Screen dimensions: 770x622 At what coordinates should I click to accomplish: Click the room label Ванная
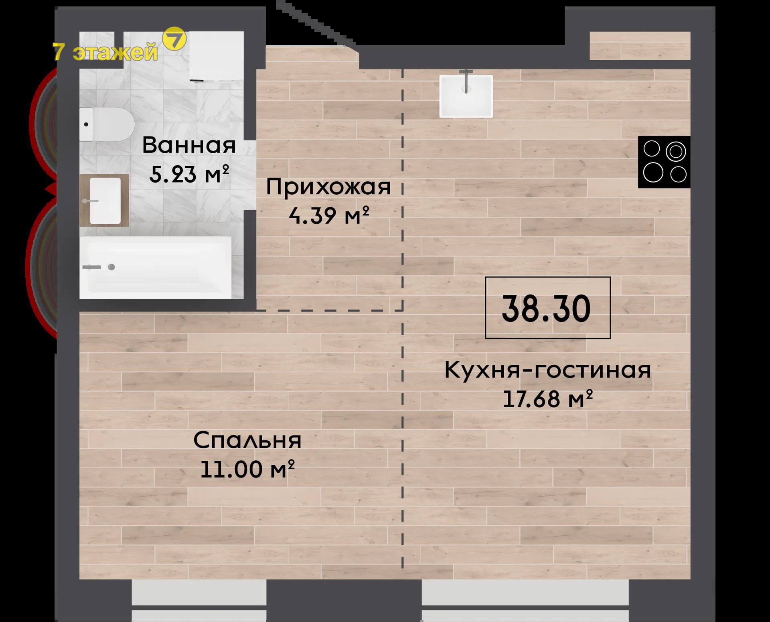tap(189, 145)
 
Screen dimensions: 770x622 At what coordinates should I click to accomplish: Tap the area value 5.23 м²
tap(189, 174)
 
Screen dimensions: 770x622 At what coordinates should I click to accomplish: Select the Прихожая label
tap(328, 187)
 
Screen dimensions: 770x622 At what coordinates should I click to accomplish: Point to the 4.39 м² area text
tap(328, 215)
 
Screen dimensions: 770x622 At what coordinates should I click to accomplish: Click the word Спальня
tap(247, 440)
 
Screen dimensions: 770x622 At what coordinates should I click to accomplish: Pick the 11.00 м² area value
tap(247, 469)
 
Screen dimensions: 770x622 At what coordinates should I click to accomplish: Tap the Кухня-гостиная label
tap(548, 370)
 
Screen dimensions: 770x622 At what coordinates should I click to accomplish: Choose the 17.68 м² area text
tap(548, 398)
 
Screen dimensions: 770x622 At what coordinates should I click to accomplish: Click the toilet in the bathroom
tap(107, 124)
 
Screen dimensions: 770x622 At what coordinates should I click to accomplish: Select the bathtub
tap(156, 268)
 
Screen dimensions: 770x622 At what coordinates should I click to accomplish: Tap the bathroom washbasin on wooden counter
tap(104, 200)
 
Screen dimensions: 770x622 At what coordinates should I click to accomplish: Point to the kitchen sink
tap(466, 96)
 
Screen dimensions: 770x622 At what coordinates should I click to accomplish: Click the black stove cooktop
tap(664, 162)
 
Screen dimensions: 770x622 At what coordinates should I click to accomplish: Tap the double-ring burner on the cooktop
tap(676, 152)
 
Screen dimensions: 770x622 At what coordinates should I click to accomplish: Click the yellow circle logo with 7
tap(174, 39)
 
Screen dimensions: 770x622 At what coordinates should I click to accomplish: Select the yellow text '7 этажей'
tap(105, 52)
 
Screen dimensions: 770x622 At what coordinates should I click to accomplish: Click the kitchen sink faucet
tap(466, 81)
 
